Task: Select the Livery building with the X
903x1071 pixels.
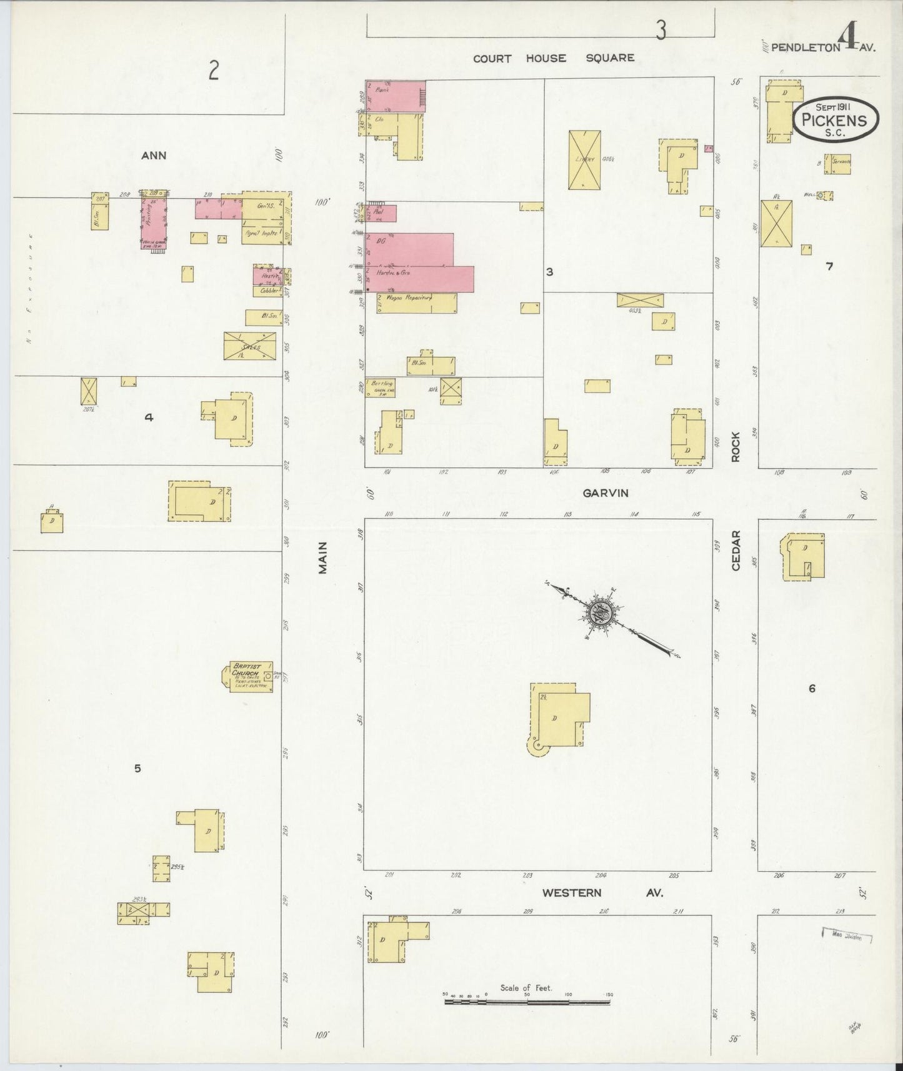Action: [x=584, y=160]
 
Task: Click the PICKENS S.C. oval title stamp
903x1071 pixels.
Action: [x=836, y=119]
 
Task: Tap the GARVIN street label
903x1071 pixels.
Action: [x=605, y=493]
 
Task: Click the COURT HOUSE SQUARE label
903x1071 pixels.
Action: [x=553, y=58]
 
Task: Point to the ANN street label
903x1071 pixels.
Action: [x=154, y=156]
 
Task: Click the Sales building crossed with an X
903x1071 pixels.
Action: [x=250, y=346]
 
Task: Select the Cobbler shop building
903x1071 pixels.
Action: [x=267, y=291]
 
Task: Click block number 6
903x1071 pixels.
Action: [x=812, y=689]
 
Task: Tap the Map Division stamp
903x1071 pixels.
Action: [x=846, y=935]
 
